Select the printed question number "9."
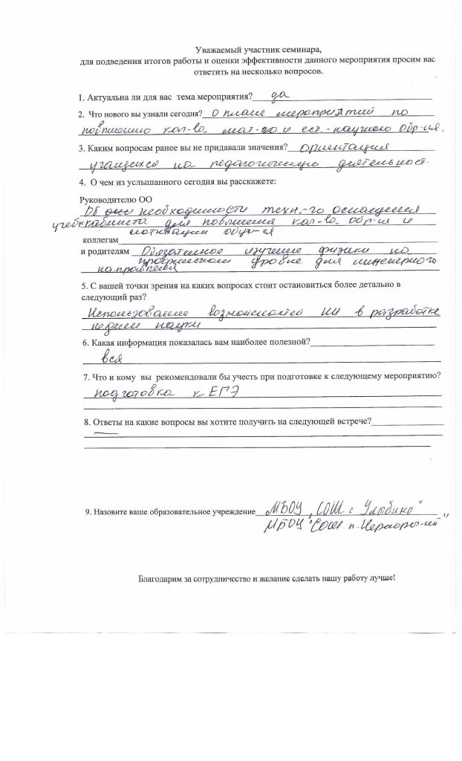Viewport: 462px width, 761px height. pos(88,512)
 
